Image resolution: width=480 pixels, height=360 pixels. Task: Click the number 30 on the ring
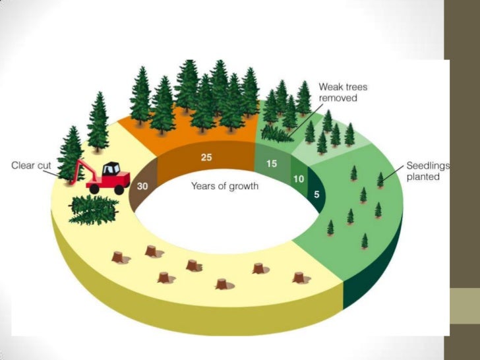[142, 187]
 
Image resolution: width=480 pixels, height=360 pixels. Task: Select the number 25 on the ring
[205, 158]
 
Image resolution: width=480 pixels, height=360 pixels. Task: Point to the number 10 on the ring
[297, 179]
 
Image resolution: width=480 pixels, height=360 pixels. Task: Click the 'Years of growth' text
[224, 187]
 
